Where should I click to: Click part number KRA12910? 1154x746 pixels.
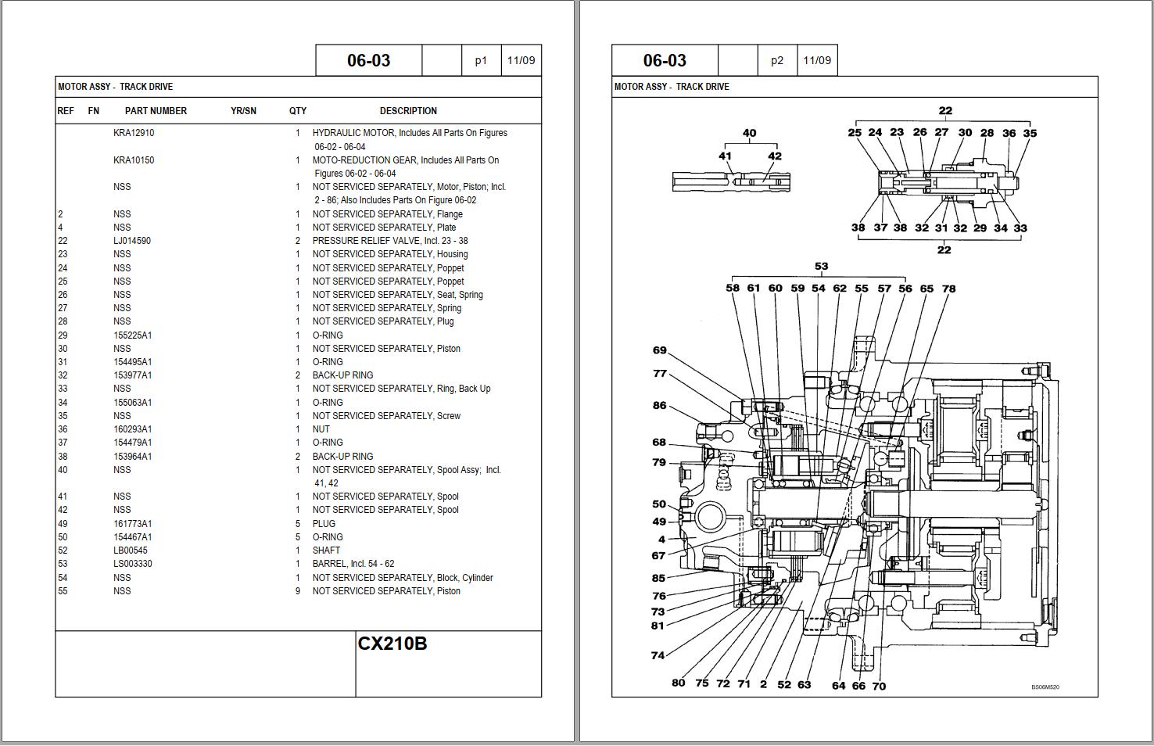(x=134, y=133)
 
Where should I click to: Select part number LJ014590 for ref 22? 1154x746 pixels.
(x=132, y=241)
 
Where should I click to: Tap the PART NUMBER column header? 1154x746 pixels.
(x=156, y=111)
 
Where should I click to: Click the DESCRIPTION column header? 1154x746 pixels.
(x=408, y=111)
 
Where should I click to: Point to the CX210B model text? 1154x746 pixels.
(x=392, y=644)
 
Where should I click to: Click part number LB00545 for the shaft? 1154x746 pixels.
(x=131, y=551)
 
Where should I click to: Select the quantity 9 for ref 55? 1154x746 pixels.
(x=297, y=591)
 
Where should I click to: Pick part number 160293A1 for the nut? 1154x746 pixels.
(x=133, y=429)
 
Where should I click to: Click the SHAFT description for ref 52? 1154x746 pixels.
(x=326, y=551)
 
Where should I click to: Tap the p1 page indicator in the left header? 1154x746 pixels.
(x=481, y=60)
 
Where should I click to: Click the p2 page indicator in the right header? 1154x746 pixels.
(x=776, y=60)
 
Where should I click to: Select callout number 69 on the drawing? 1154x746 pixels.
(x=659, y=350)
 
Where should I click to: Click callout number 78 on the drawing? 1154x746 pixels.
(x=948, y=289)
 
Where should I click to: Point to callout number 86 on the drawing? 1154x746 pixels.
(x=659, y=405)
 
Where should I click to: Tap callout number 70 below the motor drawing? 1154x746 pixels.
(x=879, y=687)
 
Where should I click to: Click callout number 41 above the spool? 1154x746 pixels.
(x=725, y=156)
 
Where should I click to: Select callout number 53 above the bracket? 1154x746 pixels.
(x=821, y=267)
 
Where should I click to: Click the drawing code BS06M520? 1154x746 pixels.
(x=1045, y=687)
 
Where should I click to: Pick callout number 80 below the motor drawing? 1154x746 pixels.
(x=678, y=683)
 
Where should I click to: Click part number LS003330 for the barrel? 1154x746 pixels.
(x=133, y=564)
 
